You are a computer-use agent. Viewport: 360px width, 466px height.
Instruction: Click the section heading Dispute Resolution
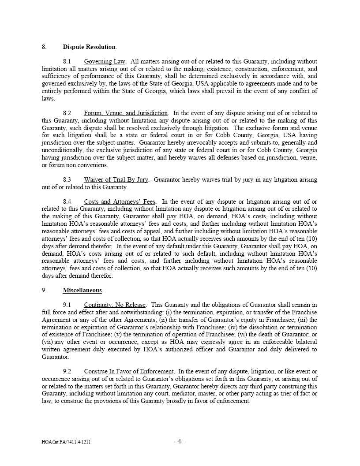(x=89, y=47)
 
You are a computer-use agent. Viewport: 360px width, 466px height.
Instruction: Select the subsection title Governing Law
(x=105, y=62)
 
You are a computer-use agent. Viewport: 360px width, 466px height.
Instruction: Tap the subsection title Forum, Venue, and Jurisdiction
(x=126, y=113)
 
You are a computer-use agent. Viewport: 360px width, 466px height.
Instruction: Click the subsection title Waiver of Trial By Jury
(x=116, y=180)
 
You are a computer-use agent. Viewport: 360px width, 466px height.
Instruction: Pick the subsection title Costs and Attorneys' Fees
(x=120, y=202)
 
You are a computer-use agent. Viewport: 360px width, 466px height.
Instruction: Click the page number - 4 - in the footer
(x=180, y=441)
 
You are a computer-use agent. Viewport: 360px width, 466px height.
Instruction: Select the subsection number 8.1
(x=67, y=62)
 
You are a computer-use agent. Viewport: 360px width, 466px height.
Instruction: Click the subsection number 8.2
(x=67, y=113)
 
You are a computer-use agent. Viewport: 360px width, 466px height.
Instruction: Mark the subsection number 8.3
(x=67, y=180)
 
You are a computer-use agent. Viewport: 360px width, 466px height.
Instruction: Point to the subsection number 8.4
(x=67, y=202)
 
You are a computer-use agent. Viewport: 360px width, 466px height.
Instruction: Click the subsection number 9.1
(x=67, y=305)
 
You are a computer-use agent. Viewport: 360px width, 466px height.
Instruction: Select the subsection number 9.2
(x=67, y=372)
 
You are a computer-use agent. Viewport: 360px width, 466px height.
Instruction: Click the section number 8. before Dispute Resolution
(x=44, y=47)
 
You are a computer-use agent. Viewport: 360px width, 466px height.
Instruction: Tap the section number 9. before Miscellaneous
(x=44, y=291)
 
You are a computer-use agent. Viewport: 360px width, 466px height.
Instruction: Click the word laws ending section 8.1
(x=48, y=99)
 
